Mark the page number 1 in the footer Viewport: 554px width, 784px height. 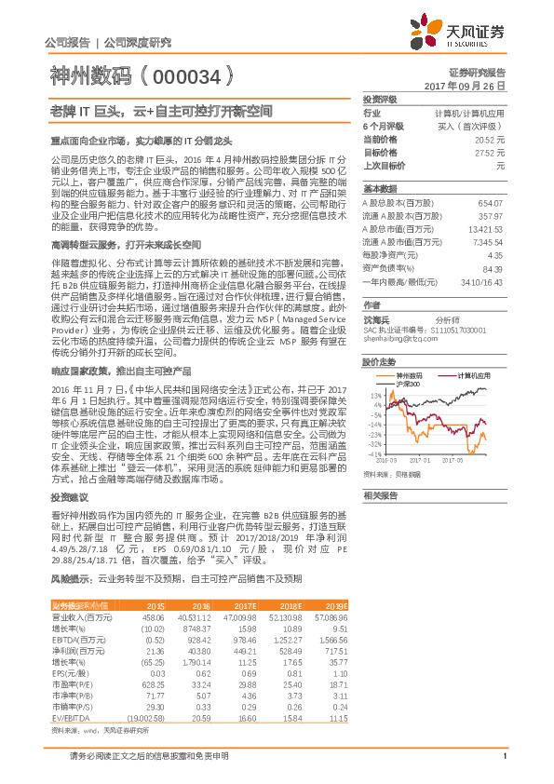504,766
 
